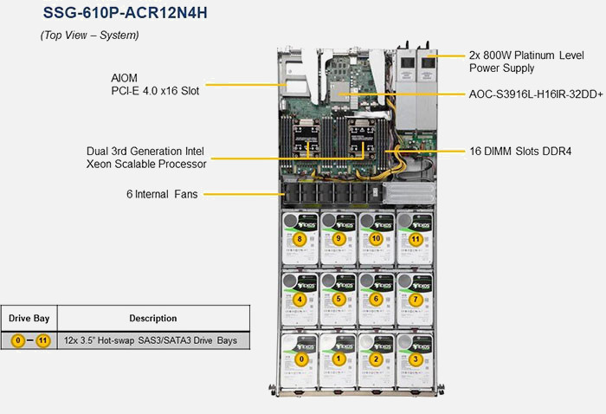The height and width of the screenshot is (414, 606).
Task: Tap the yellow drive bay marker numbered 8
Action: pyautogui.click(x=300, y=238)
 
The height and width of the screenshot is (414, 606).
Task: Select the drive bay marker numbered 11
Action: pyautogui.click(x=416, y=238)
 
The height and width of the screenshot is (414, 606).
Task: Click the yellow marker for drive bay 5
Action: pyautogui.click(x=338, y=299)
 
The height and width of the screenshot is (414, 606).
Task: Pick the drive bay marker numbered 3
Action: pyautogui.click(x=416, y=358)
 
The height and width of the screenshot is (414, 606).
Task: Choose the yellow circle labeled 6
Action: pyautogui.click(x=376, y=299)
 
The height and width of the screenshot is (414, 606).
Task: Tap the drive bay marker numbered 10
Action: pyautogui.click(x=376, y=238)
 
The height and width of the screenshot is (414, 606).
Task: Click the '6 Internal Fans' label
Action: pyautogui.click(x=161, y=194)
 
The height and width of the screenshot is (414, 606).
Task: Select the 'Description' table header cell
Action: pyautogui.click(x=153, y=319)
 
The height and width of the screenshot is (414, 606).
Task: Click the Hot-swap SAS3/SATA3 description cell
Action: pyautogui.click(x=153, y=340)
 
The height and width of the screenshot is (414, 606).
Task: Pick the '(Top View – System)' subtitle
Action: pyautogui.click(x=89, y=36)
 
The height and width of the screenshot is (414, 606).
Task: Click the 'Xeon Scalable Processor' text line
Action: pyautogui.click(x=146, y=163)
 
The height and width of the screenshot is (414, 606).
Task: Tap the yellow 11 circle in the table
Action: pyautogui.click(x=42, y=340)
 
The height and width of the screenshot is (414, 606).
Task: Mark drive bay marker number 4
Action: pyautogui.click(x=300, y=299)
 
